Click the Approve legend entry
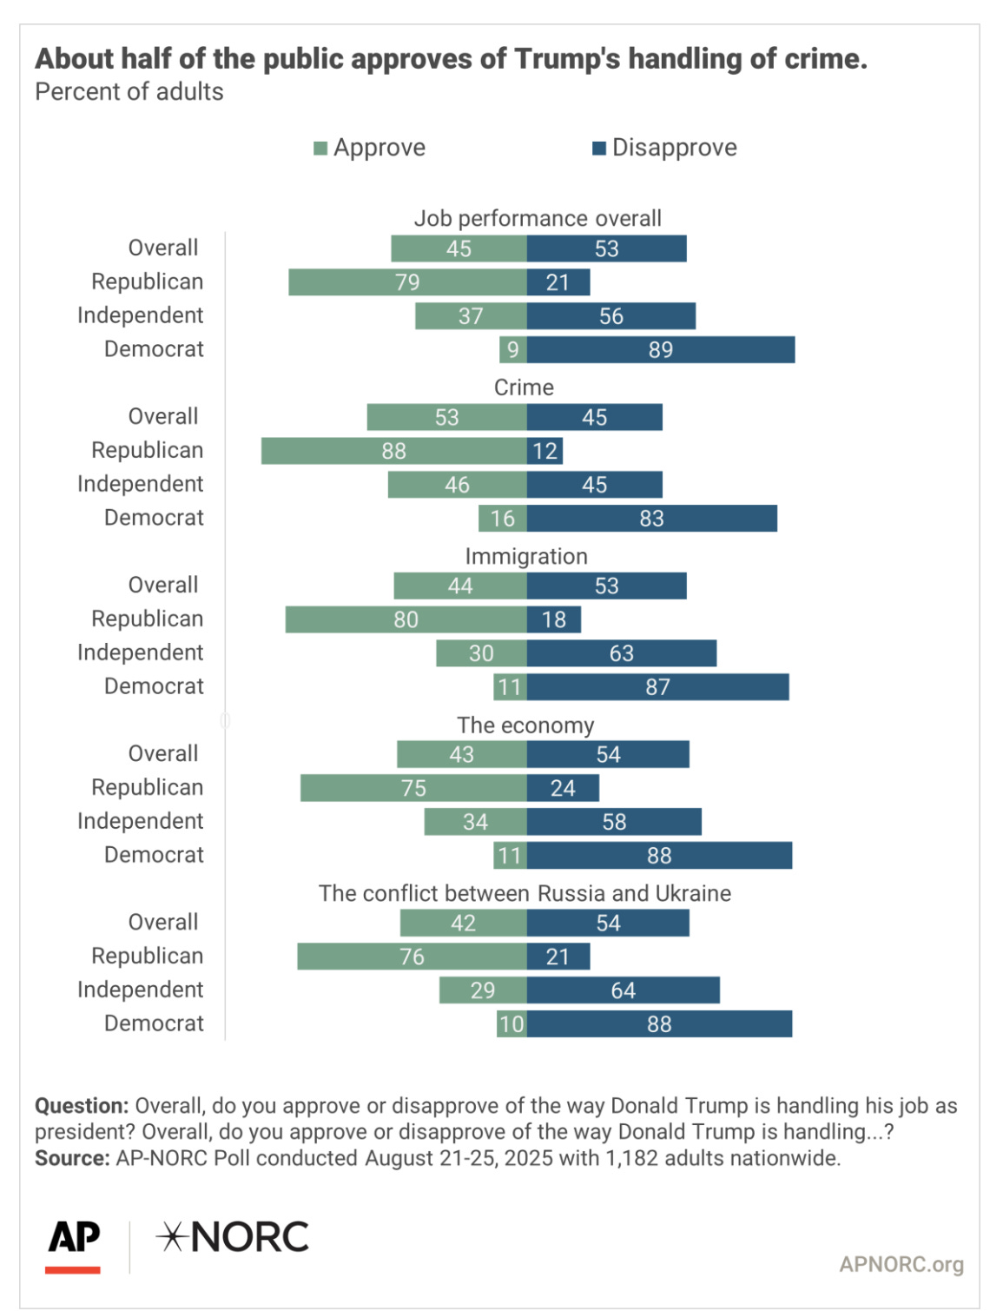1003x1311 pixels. pyautogui.click(x=370, y=148)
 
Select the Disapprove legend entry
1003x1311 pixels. pyautogui.click(x=664, y=148)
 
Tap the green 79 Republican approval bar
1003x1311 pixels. pyautogui.click(x=407, y=282)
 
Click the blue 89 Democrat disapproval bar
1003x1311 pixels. pyautogui.click(x=660, y=349)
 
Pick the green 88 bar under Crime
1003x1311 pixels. pyautogui.click(x=393, y=451)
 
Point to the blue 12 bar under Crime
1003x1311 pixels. pyautogui.click(x=544, y=451)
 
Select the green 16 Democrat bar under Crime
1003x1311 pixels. pyautogui.click(x=502, y=519)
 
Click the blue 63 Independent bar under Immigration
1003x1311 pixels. pyautogui.click(x=622, y=653)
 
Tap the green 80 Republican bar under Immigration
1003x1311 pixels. pyautogui.click(x=406, y=619)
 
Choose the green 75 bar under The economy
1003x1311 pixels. pyautogui.click(x=413, y=788)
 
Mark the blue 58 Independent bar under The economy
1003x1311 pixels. pyautogui.click(x=614, y=822)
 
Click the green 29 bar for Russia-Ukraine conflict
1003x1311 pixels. pyautogui.click(x=483, y=990)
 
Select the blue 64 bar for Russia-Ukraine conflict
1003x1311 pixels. pyautogui.click(x=623, y=990)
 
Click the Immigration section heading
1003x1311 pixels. pyautogui.click(x=526, y=556)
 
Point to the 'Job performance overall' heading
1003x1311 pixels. pyautogui.click(x=538, y=218)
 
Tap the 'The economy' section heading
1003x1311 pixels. pyautogui.click(x=525, y=725)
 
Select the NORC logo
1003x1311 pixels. pyautogui.click(x=233, y=1237)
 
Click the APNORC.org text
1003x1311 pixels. pyautogui.click(x=901, y=1264)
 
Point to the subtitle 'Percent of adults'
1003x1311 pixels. pyautogui.click(x=129, y=92)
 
